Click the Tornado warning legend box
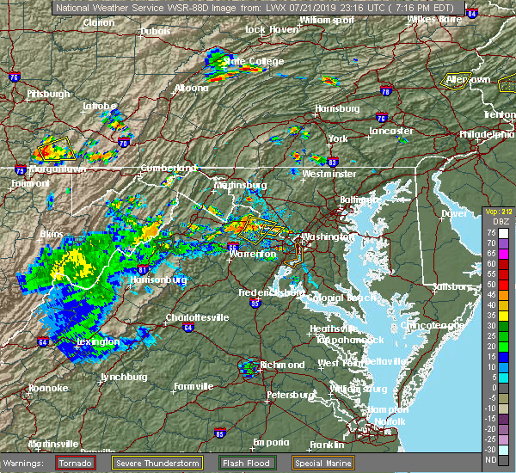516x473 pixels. pos(75,462)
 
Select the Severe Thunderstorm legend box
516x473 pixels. pos(158,462)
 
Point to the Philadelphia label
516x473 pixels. pos(485,134)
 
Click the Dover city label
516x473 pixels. pos(453,212)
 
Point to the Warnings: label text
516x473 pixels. pos(27,462)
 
